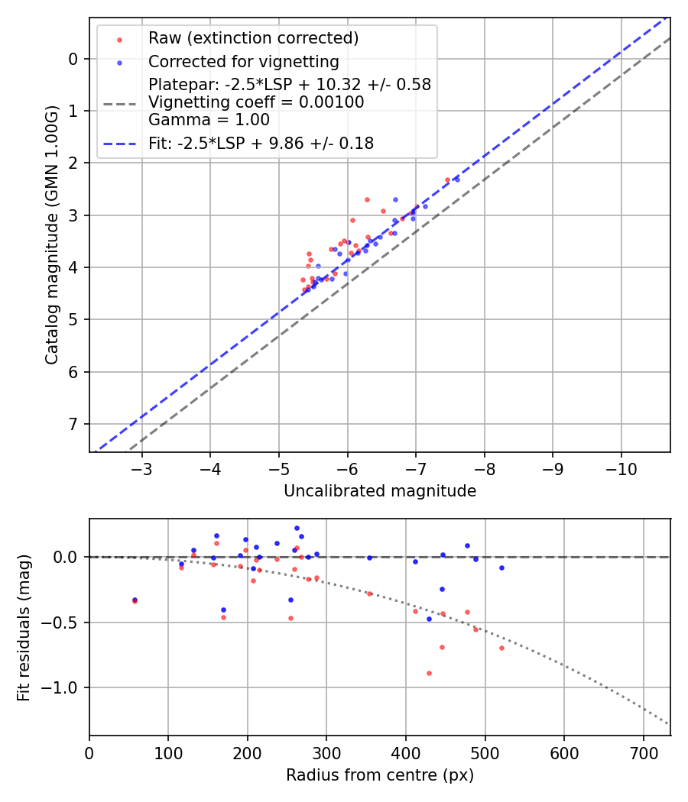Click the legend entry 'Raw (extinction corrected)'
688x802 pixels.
pos(253,38)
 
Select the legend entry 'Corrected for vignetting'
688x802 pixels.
pos(243,61)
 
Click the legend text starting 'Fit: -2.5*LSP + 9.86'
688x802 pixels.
pos(261,143)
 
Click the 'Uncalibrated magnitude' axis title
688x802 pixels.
pos(380,491)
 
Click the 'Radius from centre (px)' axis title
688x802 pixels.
pos(380,775)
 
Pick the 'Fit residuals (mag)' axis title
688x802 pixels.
pos(24,628)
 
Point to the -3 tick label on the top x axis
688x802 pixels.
pos(141,467)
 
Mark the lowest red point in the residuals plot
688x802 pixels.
pos(429,673)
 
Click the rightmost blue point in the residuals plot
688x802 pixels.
pos(501,568)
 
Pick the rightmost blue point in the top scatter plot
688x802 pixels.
pos(457,179)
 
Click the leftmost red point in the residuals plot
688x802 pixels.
pos(135,601)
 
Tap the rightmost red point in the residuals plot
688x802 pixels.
pos(501,648)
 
